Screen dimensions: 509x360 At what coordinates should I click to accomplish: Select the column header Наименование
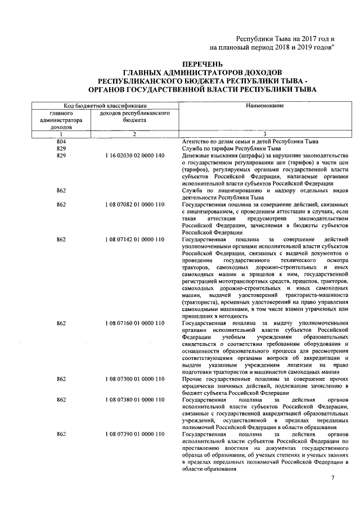264,106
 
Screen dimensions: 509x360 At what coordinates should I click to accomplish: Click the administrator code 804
61,141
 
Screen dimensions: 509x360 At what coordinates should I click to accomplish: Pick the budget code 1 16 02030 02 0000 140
134,155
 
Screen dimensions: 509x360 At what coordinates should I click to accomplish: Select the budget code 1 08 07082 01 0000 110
134,205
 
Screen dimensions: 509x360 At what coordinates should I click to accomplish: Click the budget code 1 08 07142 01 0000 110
134,240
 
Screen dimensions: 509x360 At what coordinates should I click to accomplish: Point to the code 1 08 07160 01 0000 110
134,323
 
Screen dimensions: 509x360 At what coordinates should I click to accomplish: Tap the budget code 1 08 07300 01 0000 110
134,381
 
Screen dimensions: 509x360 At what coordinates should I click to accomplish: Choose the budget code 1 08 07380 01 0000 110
134,400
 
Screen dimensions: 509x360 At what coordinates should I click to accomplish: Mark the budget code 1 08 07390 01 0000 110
134,435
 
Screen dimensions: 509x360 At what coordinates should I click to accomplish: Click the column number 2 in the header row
134,134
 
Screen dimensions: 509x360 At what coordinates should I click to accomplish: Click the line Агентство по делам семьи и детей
251,141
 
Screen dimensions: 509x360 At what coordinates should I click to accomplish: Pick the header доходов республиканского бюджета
134,116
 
